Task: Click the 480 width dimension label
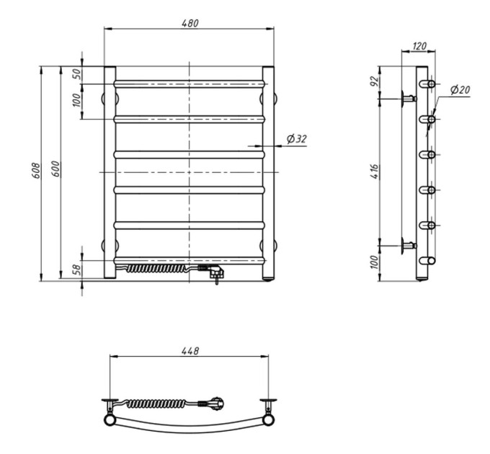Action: pyautogui.click(x=190, y=24)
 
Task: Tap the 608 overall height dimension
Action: pyautogui.click(x=36, y=171)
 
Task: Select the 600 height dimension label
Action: pyautogui.click(x=55, y=169)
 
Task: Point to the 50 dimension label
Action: pyautogui.click(x=77, y=74)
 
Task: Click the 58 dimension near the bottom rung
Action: pyautogui.click(x=77, y=270)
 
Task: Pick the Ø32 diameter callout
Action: pyautogui.click(x=297, y=139)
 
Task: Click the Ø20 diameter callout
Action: pyautogui.click(x=460, y=90)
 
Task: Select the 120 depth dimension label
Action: pyautogui.click(x=419, y=46)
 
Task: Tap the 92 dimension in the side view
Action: pyautogui.click(x=375, y=81)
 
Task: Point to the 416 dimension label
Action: pyautogui.click(x=375, y=172)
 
